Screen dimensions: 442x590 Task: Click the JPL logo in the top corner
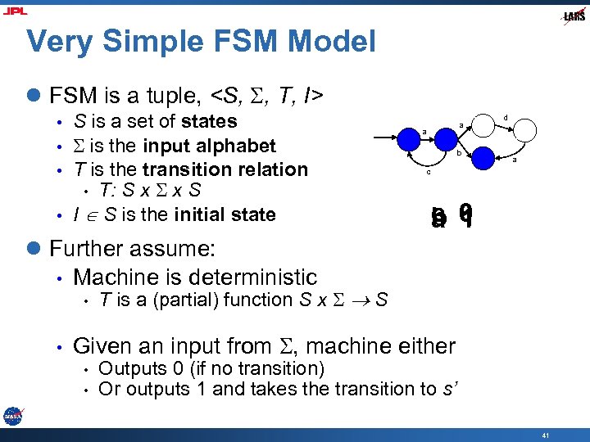(x=15, y=11)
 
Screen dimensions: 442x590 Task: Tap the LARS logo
(x=574, y=16)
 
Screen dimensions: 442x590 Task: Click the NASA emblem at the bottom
(x=12, y=416)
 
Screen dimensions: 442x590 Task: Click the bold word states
(x=209, y=121)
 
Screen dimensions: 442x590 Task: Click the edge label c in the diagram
(x=427, y=172)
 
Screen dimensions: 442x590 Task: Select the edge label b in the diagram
(x=459, y=152)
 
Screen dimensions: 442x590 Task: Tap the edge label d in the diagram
(x=506, y=118)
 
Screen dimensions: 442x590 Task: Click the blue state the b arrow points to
(x=483, y=157)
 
